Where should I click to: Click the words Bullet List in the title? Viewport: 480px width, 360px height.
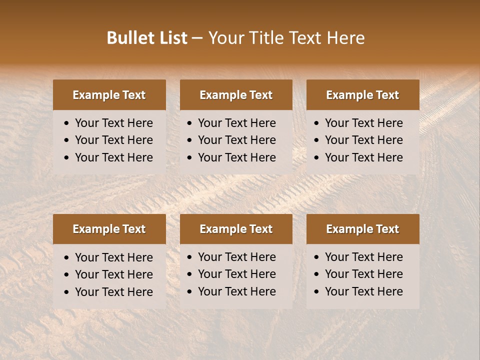pos(147,38)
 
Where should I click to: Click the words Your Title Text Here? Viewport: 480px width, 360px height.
pos(286,38)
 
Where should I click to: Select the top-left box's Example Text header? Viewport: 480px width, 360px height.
pos(109,95)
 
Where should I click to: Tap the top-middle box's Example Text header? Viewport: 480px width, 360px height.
pos(236,95)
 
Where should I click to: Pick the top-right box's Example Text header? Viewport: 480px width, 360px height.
pos(362,95)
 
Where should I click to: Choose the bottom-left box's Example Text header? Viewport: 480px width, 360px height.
pos(109,229)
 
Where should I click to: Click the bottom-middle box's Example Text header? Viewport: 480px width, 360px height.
pos(236,229)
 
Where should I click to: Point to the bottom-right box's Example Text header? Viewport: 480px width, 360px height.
pos(362,229)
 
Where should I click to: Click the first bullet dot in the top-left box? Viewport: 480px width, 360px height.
pos(67,123)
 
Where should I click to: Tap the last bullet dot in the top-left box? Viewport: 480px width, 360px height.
pos(67,158)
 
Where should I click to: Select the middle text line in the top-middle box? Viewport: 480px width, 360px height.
pos(236,140)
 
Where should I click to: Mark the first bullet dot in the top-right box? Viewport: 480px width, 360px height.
pos(317,123)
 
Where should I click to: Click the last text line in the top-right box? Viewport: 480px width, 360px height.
pos(363,157)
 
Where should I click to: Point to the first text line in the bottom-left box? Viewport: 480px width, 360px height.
pos(113,257)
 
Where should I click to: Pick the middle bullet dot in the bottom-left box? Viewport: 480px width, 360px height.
pos(67,275)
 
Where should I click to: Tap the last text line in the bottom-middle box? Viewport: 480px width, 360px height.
pos(236,291)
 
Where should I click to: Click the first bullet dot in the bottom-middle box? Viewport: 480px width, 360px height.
pos(190,257)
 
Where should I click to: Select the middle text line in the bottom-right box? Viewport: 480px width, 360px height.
pos(363,274)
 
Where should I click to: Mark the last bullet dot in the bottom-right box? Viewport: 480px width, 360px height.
pos(317,292)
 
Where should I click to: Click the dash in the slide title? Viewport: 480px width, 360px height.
pos(197,38)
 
